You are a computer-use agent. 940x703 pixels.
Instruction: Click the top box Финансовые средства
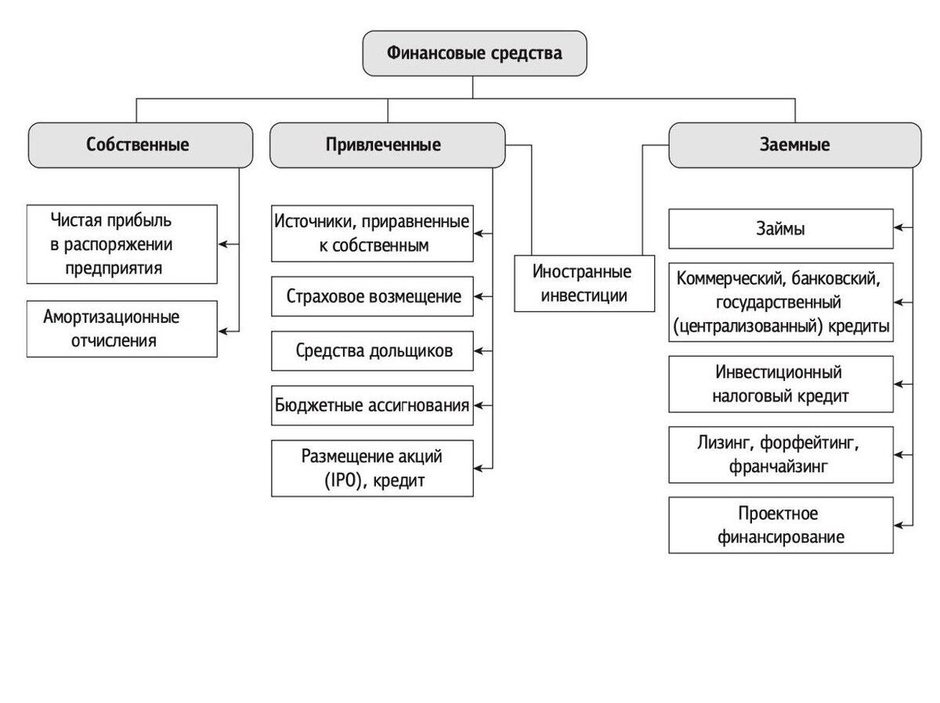(474, 53)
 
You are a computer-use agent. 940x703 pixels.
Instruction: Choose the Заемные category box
(794, 145)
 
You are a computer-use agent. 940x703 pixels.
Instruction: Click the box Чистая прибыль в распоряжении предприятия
(121, 245)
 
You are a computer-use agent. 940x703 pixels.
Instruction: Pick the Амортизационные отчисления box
(121, 329)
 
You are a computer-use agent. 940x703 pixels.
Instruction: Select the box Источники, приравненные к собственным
(372, 234)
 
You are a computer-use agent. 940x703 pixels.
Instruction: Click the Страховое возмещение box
(372, 297)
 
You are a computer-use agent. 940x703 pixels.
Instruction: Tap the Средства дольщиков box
(372, 351)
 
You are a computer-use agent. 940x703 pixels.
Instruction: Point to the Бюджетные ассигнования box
(372, 406)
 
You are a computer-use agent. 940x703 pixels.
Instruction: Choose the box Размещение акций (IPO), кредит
(372, 468)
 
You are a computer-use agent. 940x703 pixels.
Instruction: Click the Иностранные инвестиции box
(584, 284)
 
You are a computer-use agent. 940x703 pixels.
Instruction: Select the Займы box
(781, 229)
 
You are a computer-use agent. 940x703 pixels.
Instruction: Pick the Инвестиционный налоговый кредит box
(781, 384)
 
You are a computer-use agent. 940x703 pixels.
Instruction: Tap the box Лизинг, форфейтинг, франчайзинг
(781, 455)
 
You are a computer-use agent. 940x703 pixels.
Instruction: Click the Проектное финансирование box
(781, 525)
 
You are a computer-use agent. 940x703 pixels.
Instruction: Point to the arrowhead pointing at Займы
(898, 228)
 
